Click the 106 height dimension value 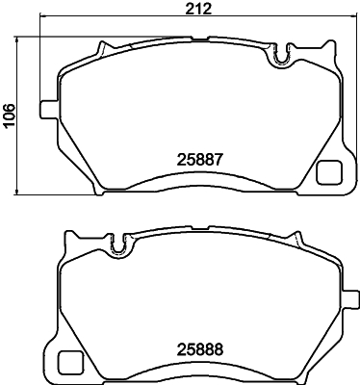coord(9,115)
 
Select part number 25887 coord(199,160)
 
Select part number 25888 coord(199,349)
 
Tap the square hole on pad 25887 coord(328,172)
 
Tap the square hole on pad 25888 coord(69,362)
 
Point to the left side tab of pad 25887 coord(49,110)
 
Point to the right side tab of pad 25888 coord(350,299)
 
